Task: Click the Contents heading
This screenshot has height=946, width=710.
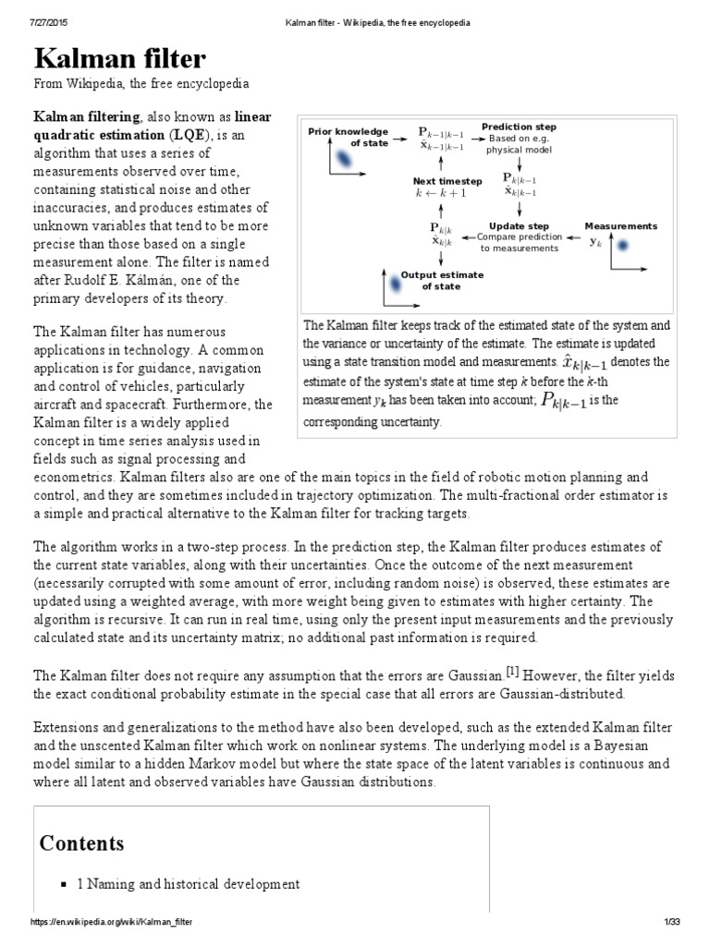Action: [x=81, y=843]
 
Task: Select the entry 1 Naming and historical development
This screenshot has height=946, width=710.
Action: [x=188, y=884]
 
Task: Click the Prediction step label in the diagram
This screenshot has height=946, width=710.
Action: [x=519, y=127]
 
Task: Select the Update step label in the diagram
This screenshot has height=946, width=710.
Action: [x=519, y=225]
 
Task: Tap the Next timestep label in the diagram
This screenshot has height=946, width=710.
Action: [x=447, y=182]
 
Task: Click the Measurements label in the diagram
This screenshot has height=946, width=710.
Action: [x=621, y=225]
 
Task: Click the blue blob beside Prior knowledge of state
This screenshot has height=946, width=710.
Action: [x=343, y=162]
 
